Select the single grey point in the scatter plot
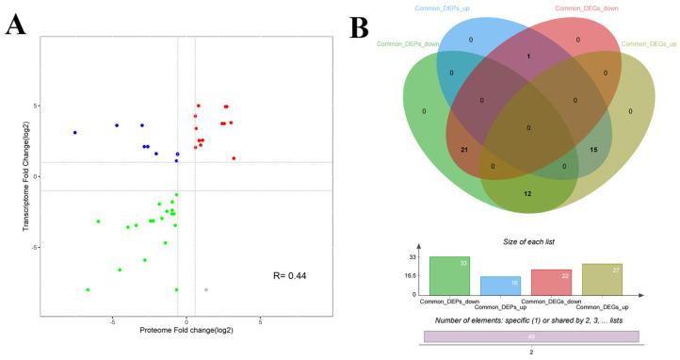pyautogui.click(x=206, y=289)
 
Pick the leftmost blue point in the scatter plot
pyautogui.click(x=74, y=133)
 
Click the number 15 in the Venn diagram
pyautogui.click(x=592, y=150)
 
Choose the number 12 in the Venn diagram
pyautogui.click(x=527, y=193)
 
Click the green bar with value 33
pyautogui.click(x=450, y=275)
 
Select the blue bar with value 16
pyautogui.click(x=501, y=285)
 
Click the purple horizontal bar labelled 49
pyautogui.click(x=531, y=336)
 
